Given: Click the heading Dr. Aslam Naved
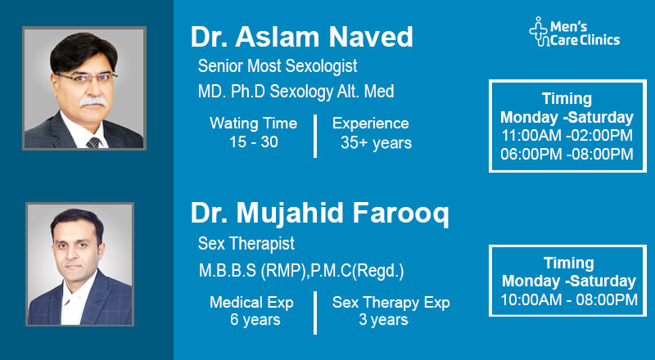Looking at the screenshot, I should pos(301,37).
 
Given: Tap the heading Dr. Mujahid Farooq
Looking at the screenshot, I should pos(319,214).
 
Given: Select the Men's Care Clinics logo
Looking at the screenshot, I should pos(574,32).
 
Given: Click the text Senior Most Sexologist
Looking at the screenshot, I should pos(278,65).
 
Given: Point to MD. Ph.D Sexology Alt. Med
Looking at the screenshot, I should pos(296,92).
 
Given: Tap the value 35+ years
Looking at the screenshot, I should pos(376,143).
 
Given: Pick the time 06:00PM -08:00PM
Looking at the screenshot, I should pos(567,154).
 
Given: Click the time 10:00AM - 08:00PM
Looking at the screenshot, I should pos(568,300).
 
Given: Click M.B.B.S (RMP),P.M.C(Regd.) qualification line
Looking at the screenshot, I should pos(300,270).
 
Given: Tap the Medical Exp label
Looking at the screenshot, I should pos(251,303).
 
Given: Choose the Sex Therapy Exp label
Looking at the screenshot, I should pos(391,303).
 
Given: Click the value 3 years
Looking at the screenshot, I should pos(384,320).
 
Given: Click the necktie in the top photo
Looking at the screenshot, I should pos(93,141).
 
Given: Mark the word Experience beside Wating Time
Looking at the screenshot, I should pos(370,124).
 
